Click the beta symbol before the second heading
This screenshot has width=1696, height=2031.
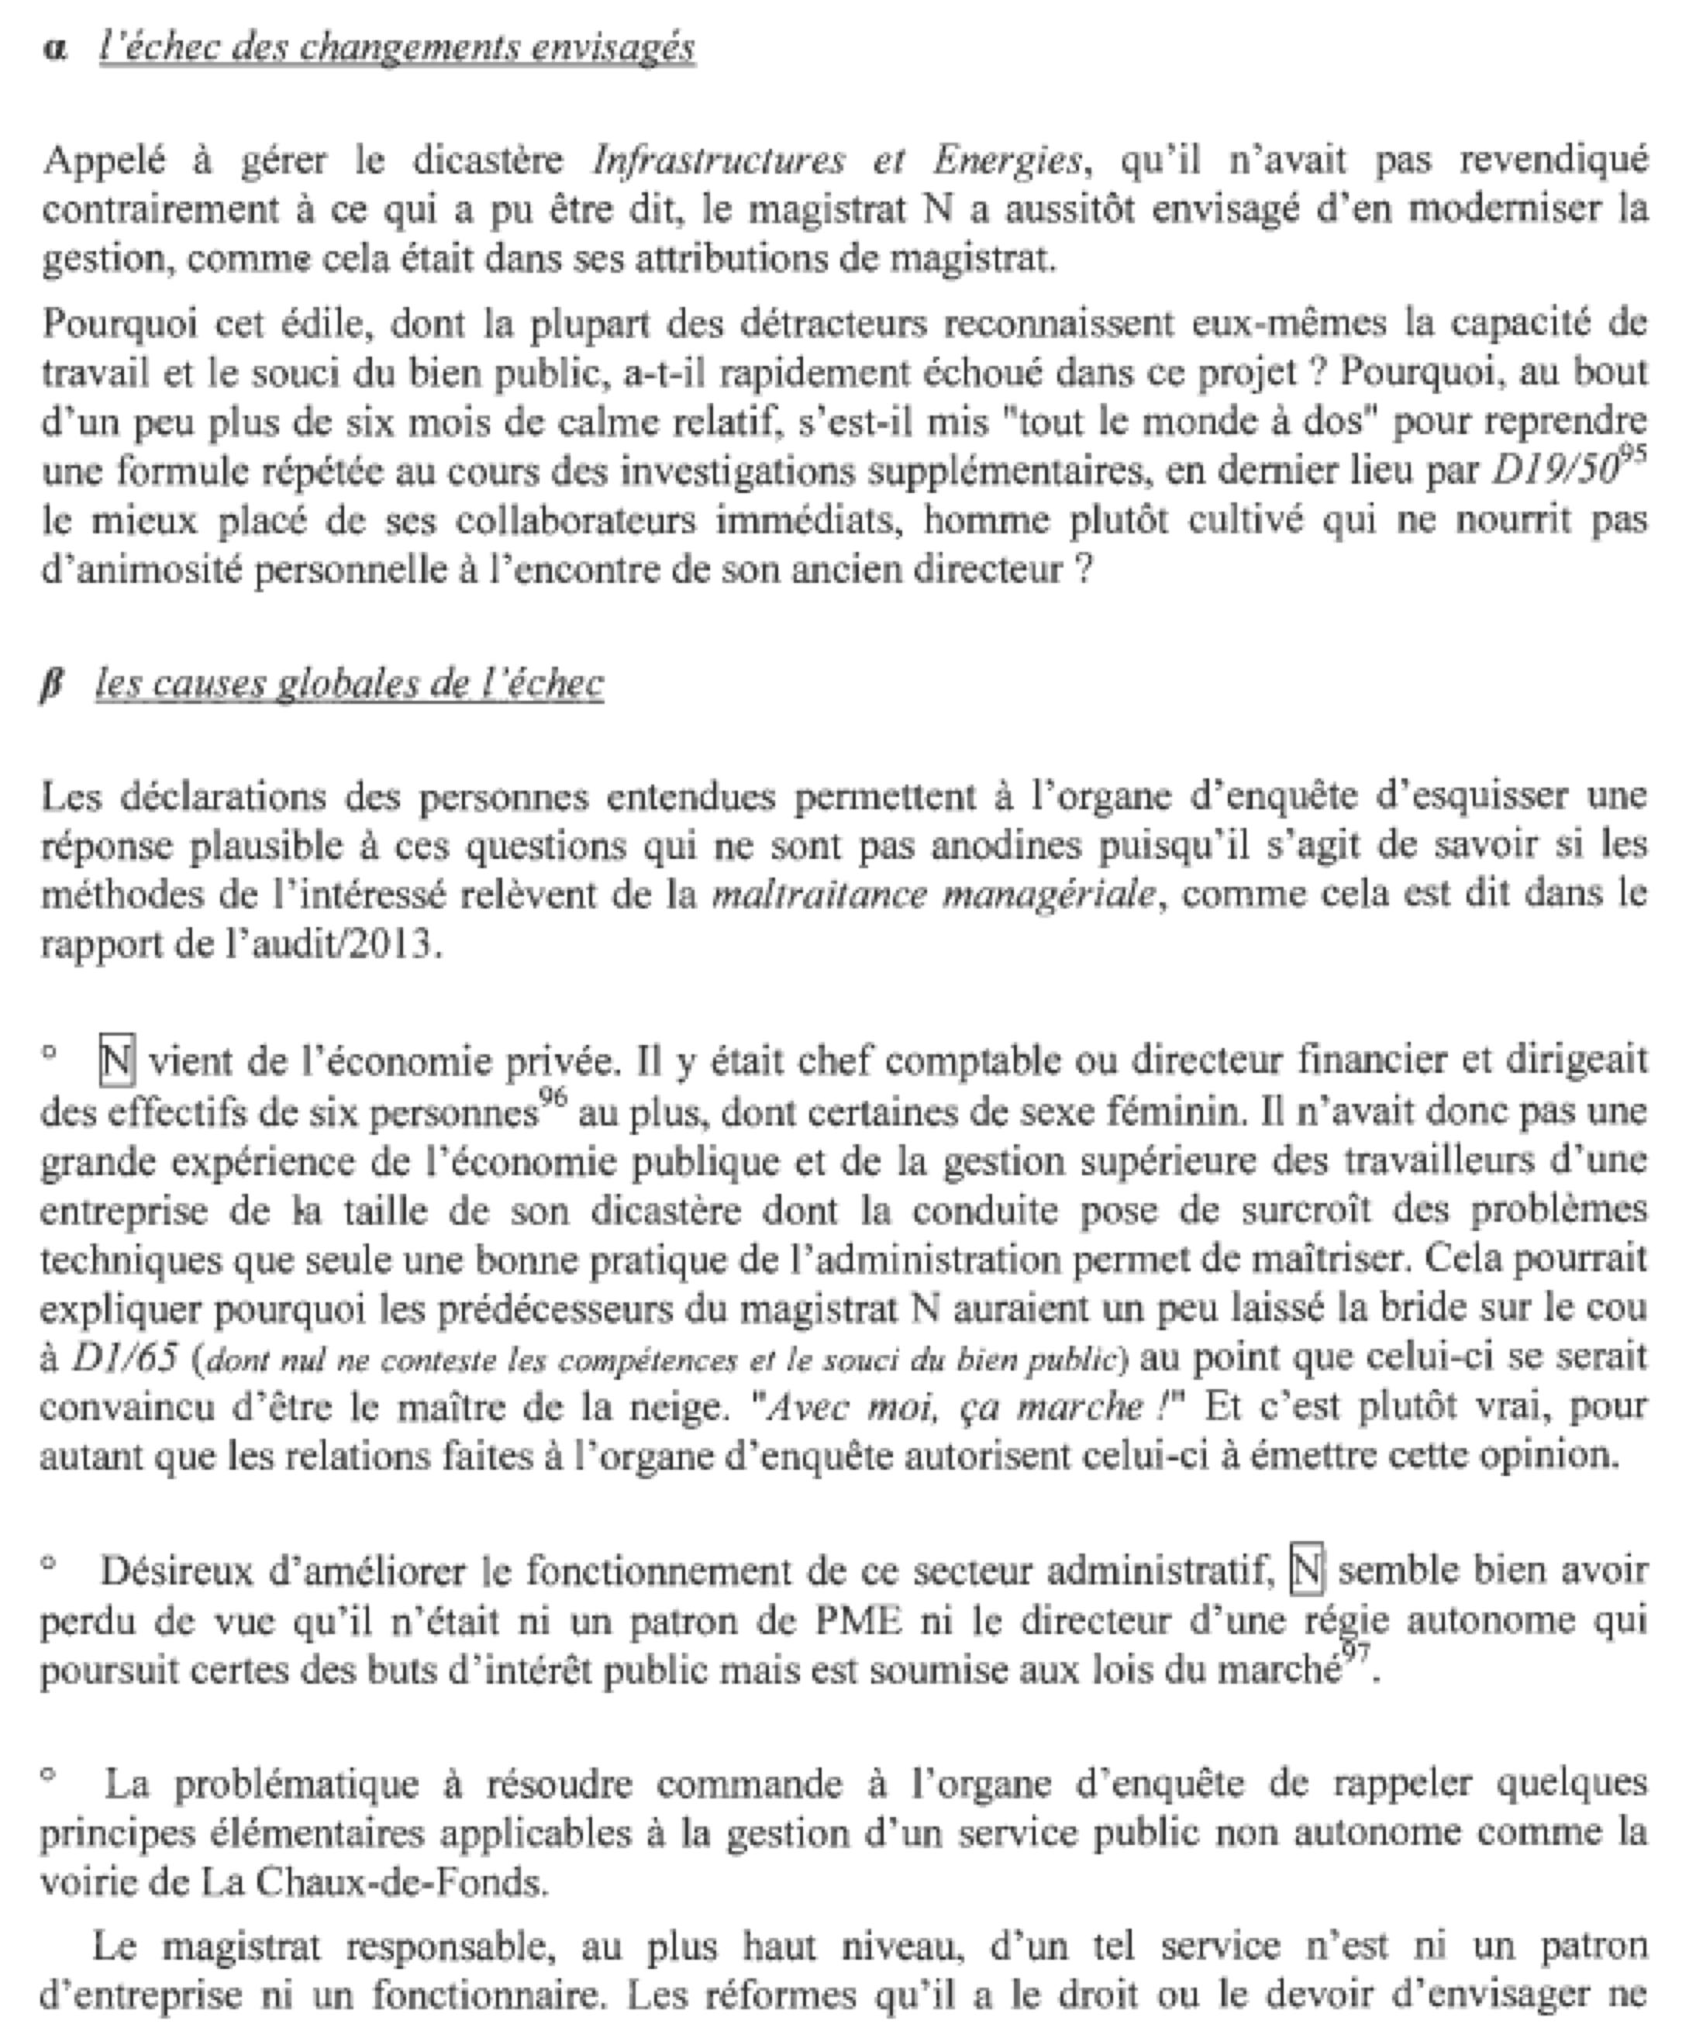51,684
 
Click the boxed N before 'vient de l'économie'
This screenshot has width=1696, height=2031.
116,1061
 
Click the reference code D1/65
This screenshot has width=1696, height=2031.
125,1358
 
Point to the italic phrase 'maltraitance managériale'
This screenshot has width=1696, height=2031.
933,895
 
